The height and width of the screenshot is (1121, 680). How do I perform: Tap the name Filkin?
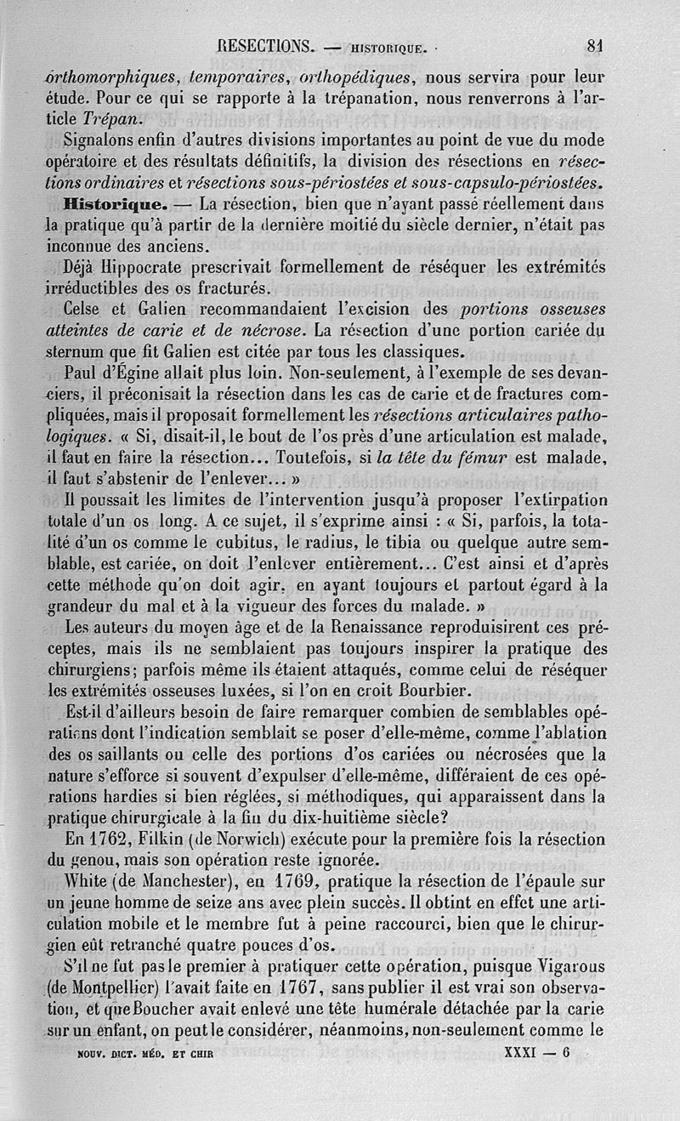[x=169, y=838]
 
